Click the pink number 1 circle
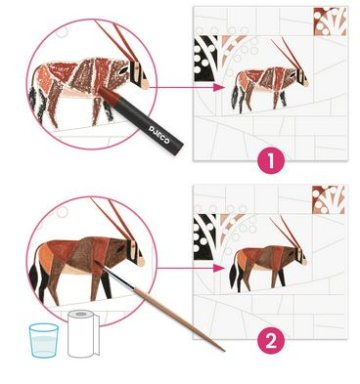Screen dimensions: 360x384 pyautogui.click(x=271, y=160)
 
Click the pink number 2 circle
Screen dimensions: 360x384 pyautogui.click(x=271, y=341)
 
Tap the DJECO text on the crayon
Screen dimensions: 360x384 pyautogui.click(x=159, y=134)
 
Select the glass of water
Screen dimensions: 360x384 pyautogui.click(x=44, y=340)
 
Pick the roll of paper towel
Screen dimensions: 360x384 pyautogui.click(x=82, y=333)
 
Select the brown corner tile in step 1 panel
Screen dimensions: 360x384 pyautogui.click(x=330, y=21)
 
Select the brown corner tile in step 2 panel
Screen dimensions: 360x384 pyautogui.click(x=329, y=199)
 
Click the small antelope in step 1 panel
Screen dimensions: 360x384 pyautogui.click(x=269, y=83)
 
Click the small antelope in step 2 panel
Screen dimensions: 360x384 pyautogui.click(x=268, y=263)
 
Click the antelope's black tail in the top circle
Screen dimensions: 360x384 pyautogui.click(x=36, y=105)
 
